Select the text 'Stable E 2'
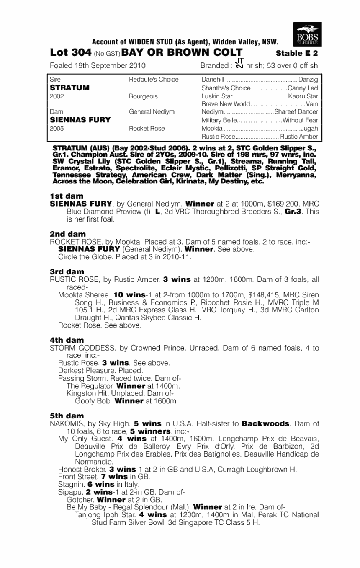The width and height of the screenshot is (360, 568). click(297, 53)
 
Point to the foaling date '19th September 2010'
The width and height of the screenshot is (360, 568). click(109, 65)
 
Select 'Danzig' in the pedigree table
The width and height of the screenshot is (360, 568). click(308, 80)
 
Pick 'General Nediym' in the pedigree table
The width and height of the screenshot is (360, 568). click(152, 112)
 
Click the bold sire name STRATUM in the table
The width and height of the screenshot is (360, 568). click(69, 88)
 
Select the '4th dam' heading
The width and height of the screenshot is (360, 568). click(67, 340)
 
